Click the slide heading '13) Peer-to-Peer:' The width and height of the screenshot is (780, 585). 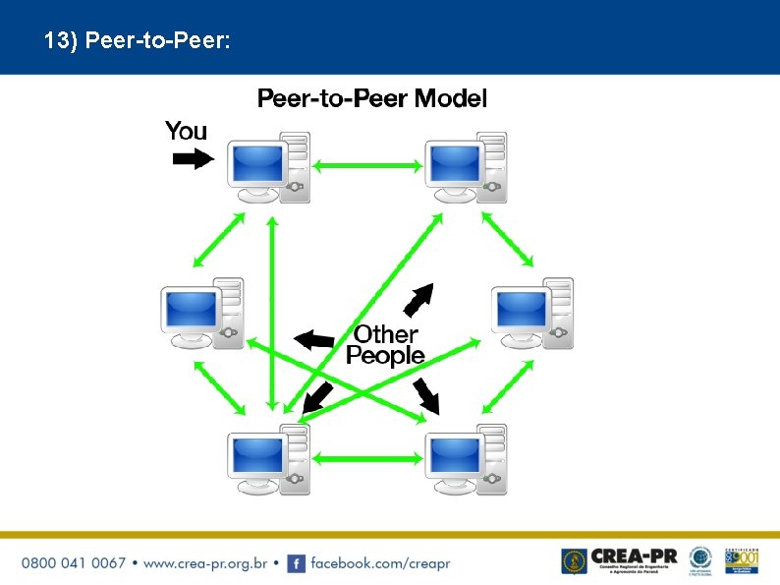tap(137, 41)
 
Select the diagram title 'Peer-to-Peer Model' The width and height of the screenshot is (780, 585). tap(371, 98)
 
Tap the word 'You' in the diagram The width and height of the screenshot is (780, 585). tap(186, 131)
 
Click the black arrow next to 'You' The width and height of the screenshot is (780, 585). tap(193, 157)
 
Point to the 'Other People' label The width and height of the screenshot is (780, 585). tap(385, 345)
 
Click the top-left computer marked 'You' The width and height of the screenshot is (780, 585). tap(268, 168)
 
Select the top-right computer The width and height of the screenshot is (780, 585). tap(466, 168)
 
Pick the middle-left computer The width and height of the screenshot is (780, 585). tap(201, 314)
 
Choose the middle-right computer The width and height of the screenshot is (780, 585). tap(531, 314)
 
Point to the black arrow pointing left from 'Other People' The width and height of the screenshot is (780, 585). tap(314, 340)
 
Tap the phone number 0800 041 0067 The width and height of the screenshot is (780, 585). tap(74, 563)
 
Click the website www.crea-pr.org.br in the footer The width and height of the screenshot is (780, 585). tap(205, 563)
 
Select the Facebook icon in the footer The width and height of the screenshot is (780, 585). tap(296, 563)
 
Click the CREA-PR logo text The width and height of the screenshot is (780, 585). tap(634, 557)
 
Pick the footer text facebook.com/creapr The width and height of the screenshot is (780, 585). tap(380, 563)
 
